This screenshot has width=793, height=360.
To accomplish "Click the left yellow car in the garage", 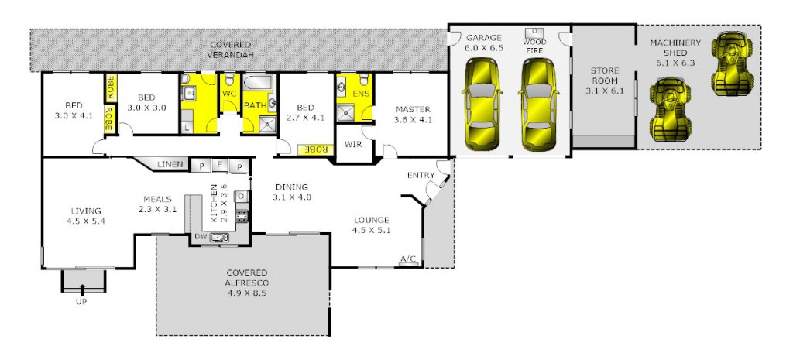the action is pos(482,105).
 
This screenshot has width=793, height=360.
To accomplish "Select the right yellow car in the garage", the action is pos(539,105).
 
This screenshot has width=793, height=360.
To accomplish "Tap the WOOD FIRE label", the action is pos(534,46).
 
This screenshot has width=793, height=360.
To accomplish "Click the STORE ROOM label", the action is pos(604,76).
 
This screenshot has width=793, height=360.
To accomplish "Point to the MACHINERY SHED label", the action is pos(675,47).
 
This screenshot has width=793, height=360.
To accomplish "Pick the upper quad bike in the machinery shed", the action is pos(732,63).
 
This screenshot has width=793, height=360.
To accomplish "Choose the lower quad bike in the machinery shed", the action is pos(670,108).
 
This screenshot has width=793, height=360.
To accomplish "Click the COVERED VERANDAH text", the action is pos(231,50).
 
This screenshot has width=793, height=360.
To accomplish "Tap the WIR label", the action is pos(353,144).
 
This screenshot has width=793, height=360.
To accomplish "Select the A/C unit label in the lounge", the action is pos(408,259).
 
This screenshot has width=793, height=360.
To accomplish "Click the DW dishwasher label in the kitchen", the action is pos(201,237).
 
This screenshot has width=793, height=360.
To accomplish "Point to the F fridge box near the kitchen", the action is pos(219,165).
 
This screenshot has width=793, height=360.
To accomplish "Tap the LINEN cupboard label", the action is pos(170,164).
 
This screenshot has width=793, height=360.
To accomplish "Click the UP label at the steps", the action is pos(81,302).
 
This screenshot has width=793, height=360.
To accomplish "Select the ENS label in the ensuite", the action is pos(361,94).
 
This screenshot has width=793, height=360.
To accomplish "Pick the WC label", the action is pos(229,94).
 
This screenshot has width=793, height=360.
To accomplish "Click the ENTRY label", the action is pos(421,176).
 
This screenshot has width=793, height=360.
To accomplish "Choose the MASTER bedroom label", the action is pos(414,109).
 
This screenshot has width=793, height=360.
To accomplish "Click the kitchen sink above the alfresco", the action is pos(219,237).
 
